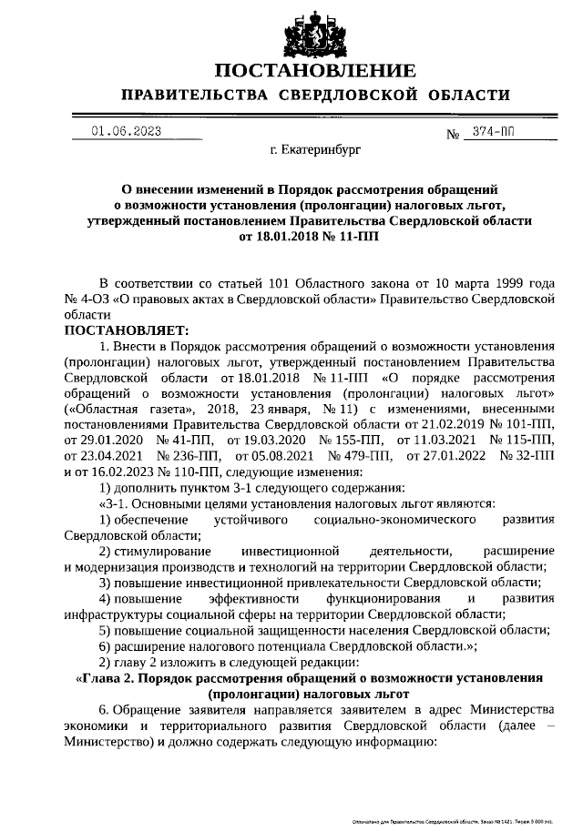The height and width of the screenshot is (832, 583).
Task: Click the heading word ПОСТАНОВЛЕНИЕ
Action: (315, 71)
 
